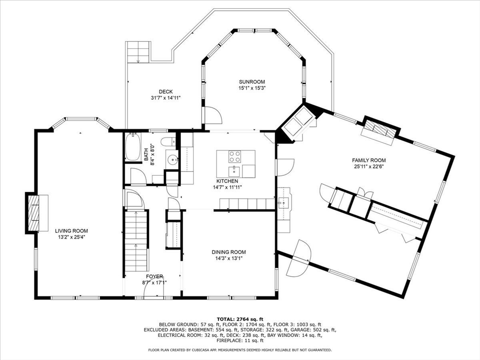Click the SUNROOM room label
[251, 82]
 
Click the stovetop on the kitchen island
[235, 156]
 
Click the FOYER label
[154, 276]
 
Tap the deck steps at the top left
[138, 52]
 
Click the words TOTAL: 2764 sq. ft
[240, 319]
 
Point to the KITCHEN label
[227, 181]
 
